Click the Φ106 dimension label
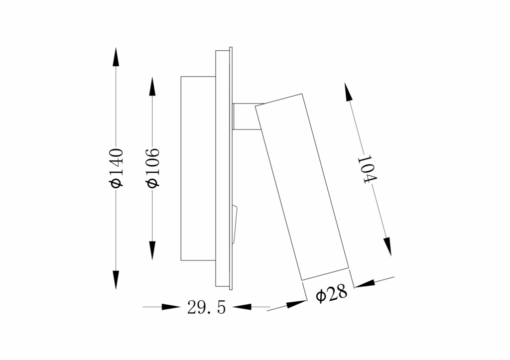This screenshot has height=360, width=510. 153,168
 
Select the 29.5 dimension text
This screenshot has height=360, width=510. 206,307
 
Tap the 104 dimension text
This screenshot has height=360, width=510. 368,170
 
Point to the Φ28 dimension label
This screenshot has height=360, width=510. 331,295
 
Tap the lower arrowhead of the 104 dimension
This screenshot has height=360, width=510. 387,246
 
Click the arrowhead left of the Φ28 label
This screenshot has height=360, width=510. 297,303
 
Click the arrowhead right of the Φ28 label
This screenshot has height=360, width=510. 364,284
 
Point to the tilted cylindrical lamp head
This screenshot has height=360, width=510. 303,186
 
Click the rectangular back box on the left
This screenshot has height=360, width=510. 198,168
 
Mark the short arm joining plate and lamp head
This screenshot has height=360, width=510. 245,117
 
